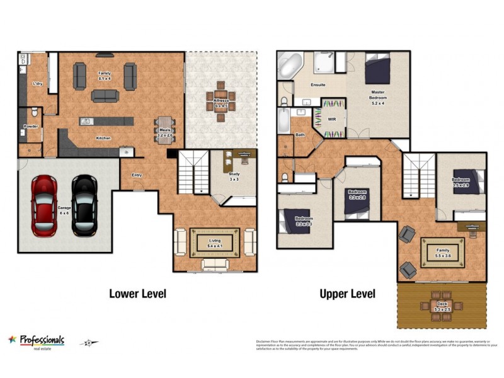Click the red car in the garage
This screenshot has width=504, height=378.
pos(43,205)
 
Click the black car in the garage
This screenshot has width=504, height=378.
pos(84,205)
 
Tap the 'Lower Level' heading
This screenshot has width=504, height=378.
pos(137,294)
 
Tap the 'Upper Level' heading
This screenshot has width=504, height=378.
pos(347,294)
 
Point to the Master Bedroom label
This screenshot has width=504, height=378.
pos(377,95)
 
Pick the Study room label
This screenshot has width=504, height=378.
pos(234,176)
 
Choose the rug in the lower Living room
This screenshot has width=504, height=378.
pos(215,242)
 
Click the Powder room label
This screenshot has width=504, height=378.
pos(30,127)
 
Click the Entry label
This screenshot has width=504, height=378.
pos(136,175)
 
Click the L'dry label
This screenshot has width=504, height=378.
pos(37,83)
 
